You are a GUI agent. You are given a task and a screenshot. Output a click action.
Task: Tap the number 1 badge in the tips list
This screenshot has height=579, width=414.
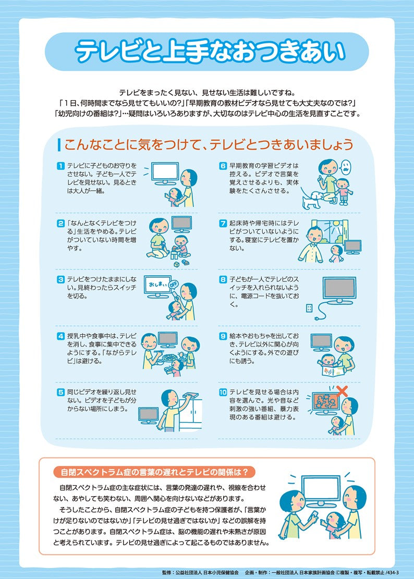point(60,166)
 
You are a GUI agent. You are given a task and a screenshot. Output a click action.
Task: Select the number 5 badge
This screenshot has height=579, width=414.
point(60,391)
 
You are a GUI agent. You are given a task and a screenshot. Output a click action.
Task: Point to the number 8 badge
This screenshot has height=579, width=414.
point(223,279)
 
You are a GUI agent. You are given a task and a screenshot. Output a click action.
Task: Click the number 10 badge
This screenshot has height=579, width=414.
point(223,391)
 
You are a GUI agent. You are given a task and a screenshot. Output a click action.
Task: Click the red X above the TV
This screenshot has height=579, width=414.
point(342,390)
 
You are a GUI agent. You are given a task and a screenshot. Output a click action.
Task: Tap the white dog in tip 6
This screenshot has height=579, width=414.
point(314,198)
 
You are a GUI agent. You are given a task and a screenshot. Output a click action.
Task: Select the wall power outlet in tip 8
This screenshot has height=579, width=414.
point(309,307)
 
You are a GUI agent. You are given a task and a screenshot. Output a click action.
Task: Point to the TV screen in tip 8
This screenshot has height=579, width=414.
point(339,288)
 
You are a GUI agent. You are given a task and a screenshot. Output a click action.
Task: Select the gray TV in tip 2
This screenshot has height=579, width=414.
point(181,224)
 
